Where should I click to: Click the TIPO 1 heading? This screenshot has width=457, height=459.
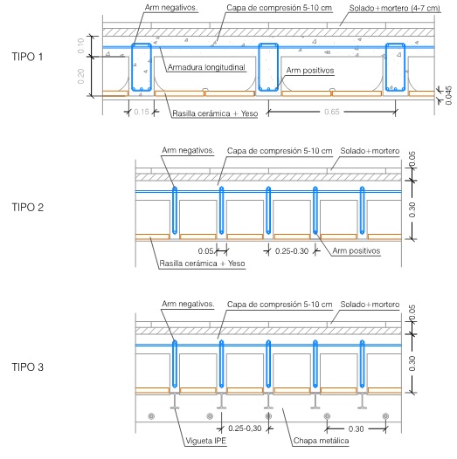tap(27, 57)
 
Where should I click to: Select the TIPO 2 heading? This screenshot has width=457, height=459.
tap(28, 208)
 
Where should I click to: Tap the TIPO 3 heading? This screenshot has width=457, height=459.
tap(28, 367)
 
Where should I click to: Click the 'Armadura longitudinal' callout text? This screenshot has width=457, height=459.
tap(206, 67)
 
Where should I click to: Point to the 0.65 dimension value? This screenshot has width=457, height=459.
tap(332, 112)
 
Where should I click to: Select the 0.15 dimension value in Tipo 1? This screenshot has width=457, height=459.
tap(142, 112)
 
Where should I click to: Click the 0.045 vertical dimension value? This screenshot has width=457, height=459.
tap(448, 95)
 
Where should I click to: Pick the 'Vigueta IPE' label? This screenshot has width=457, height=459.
tap(206, 441)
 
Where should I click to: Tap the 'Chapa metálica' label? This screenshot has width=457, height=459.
tap(321, 441)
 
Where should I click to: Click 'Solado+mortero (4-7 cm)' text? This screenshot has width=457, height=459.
tap(395, 8)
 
